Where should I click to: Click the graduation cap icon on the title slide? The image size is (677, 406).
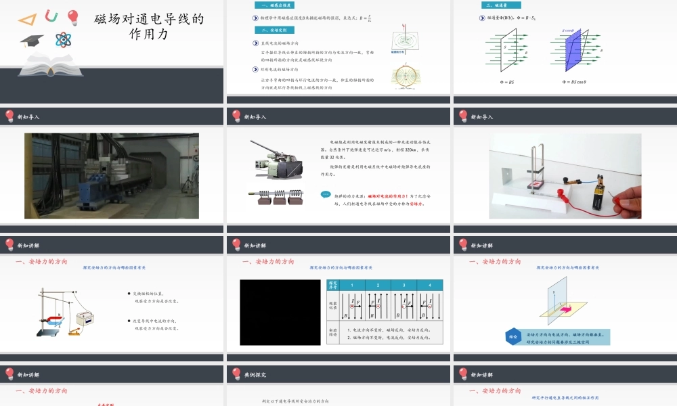point(31,41)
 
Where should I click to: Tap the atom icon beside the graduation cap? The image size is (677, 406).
point(64,40)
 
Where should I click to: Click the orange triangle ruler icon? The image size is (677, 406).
point(28,18)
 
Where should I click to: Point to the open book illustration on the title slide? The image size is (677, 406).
point(46,64)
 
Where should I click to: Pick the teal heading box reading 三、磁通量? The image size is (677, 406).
point(493,5)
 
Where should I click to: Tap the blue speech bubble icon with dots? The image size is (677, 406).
point(326,194)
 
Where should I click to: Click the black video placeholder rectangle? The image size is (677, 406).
point(280,312)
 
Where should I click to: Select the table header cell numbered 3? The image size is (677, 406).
point(403,286)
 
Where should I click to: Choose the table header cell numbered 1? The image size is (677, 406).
point(352,286)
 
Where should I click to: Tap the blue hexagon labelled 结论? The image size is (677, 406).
point(514,337)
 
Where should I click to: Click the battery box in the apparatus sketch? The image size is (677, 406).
point(87,317)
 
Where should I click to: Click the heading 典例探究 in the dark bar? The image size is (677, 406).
point(255,374)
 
